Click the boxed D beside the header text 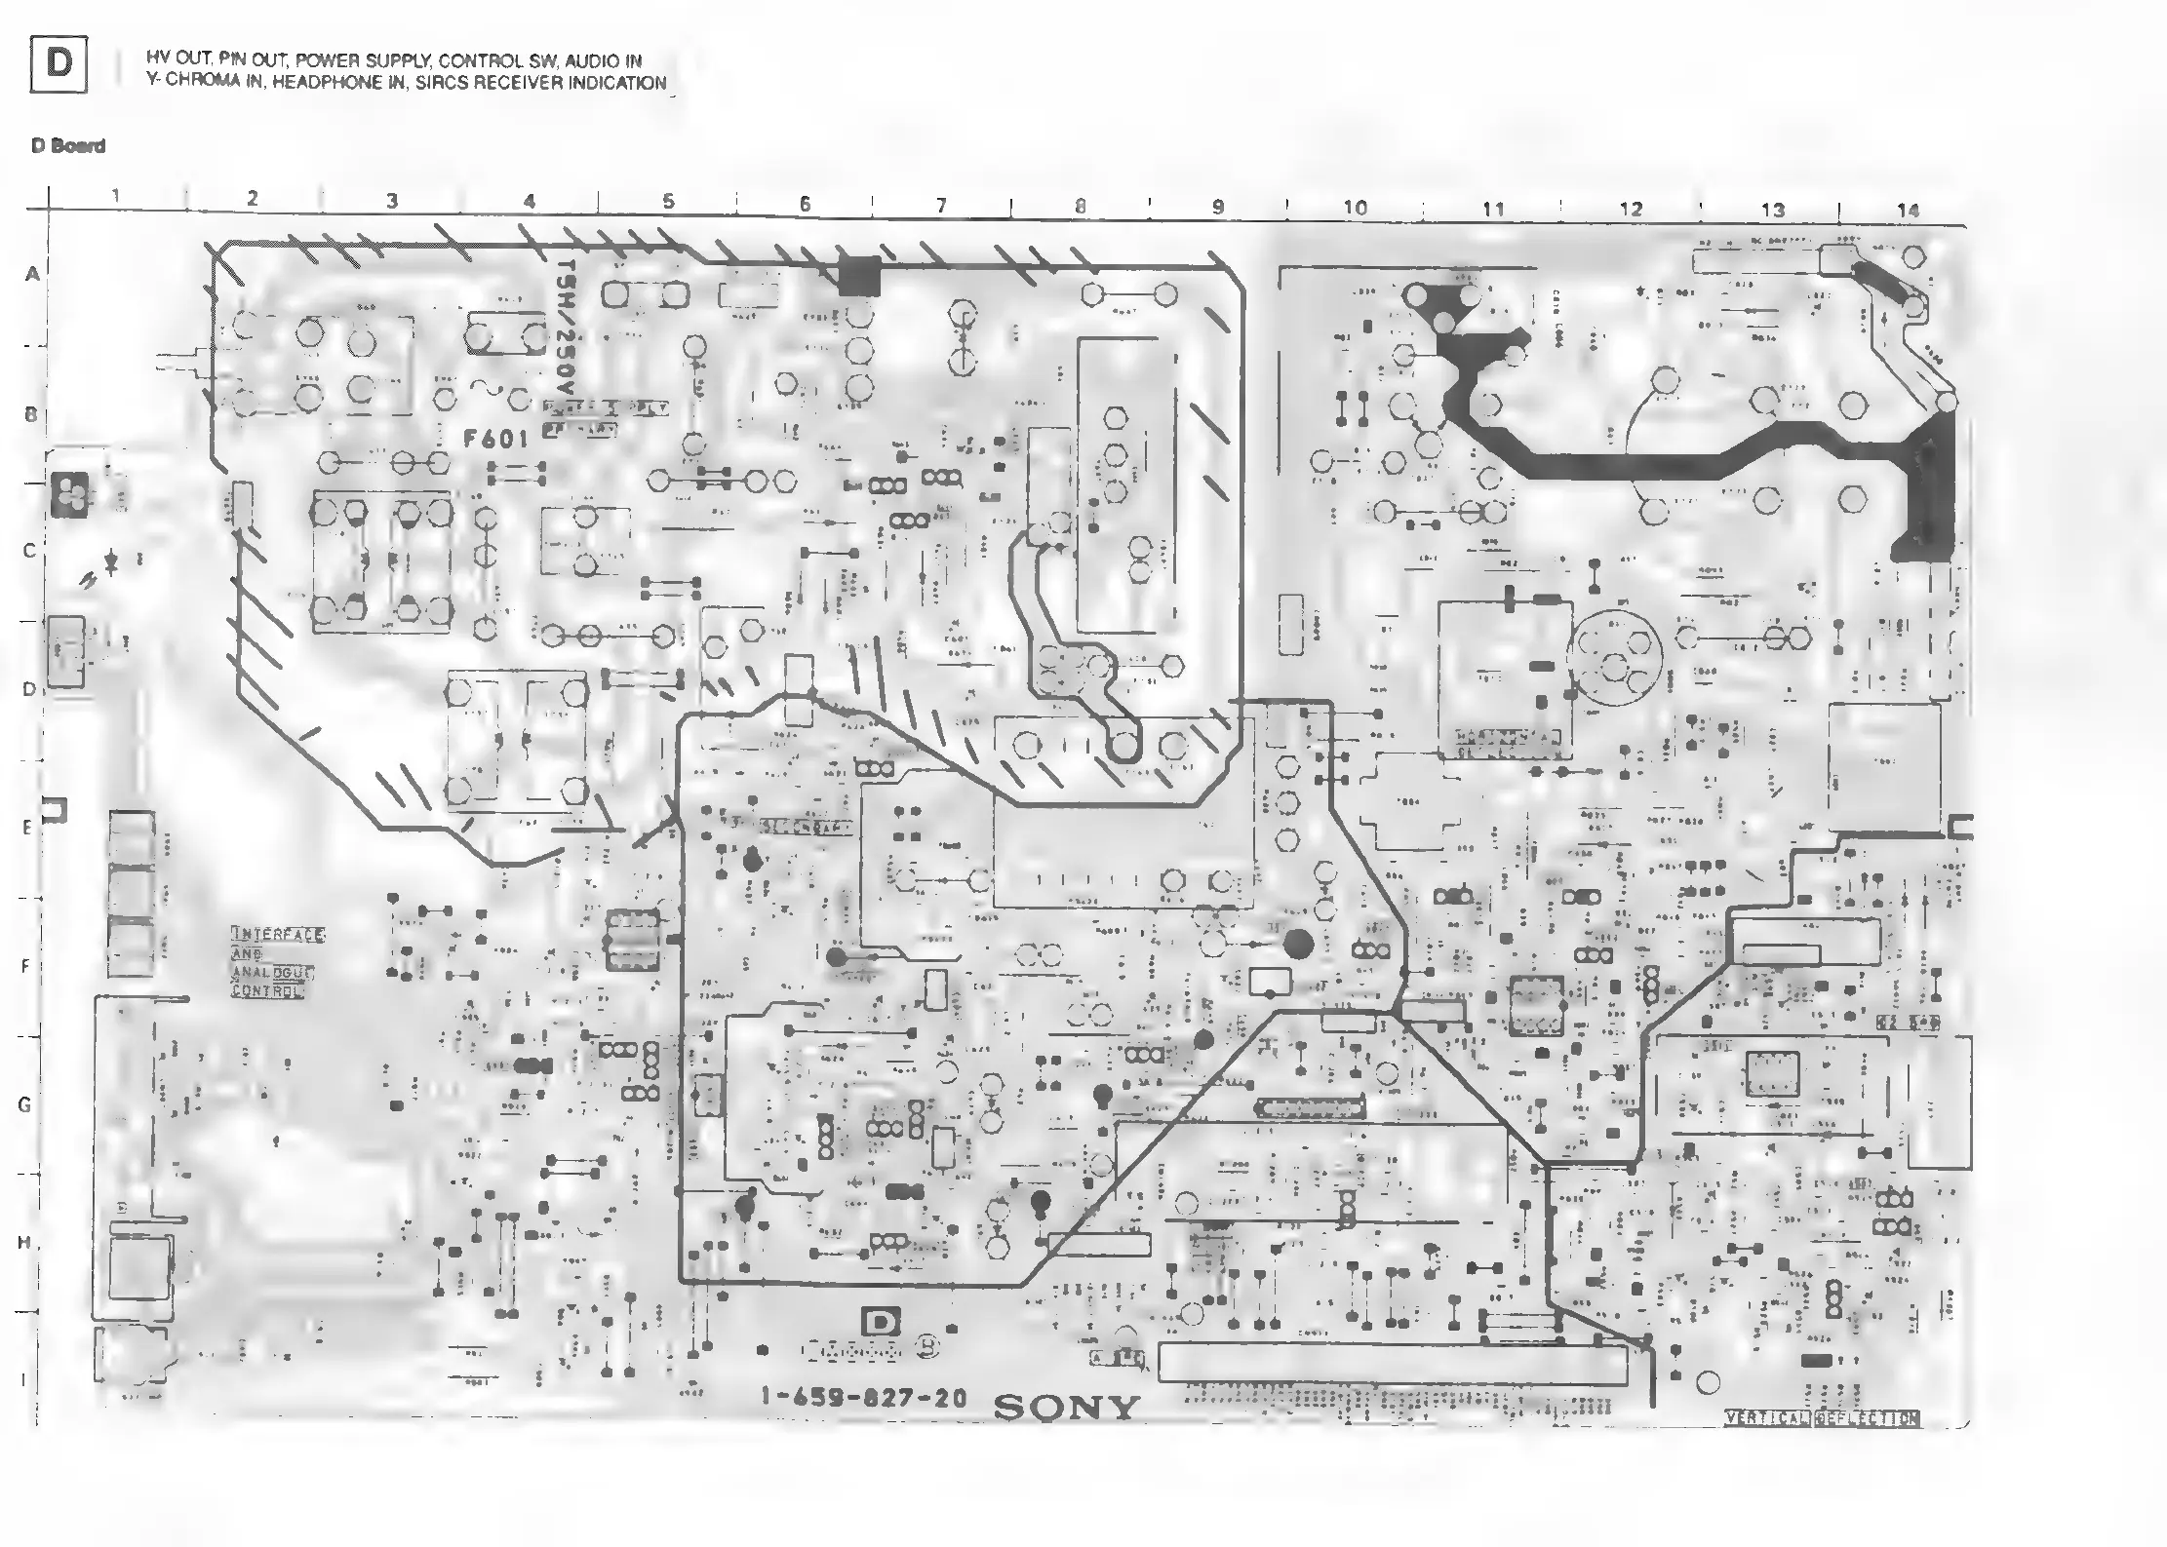click(59, 64)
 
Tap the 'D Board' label click(68, 146)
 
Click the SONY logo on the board click(1066, 1408)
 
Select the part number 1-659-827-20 click(864, 1398)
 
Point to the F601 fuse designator click(495, 439)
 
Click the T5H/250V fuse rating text click(565, 332)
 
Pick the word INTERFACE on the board click(278, 935)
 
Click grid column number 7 click(941, 206)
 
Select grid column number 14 click(1908, 211)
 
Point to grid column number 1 click(116, 196)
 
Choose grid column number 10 click(1355, 208)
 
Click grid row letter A click(33, 275)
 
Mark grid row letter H click(24, 1243)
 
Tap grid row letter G click(24, 1104)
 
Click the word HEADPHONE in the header click(327, 84)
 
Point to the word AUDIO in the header click(592, 61)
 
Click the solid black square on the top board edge click(859, 276)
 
